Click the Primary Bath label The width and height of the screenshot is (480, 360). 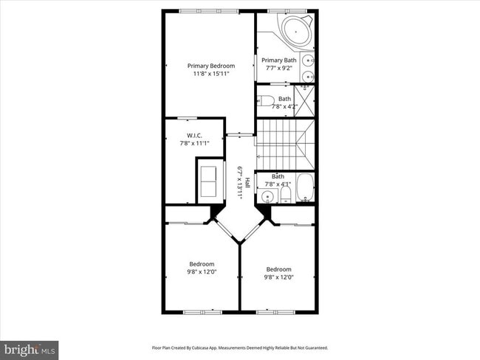click(278, 60)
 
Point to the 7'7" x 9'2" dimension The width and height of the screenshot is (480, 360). click(278, 68)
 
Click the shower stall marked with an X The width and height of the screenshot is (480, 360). click(304, 97)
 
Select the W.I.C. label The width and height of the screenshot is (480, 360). click(195, 135)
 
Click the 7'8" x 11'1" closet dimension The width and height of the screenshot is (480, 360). click(195, 143)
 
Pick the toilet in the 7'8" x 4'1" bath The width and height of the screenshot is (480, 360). click(284, 195)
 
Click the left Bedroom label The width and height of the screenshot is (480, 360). click(202, 264)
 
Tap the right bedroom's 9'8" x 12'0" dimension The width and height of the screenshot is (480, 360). click(278, 277)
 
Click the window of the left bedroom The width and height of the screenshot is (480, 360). click(202, 311)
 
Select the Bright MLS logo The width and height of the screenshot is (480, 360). click(30, 349)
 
